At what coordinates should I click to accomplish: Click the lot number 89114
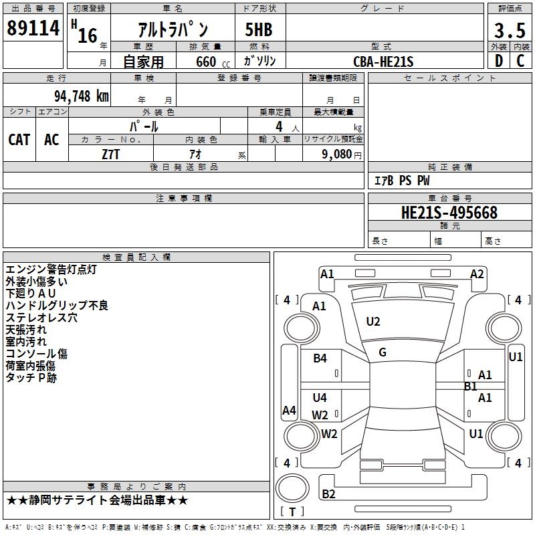click(33, 29)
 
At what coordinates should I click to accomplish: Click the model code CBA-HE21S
click(383, 62)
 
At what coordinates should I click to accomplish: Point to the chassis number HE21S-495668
click(449, 213)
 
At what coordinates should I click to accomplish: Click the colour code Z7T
click(111, 154)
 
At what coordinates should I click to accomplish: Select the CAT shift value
click(19, 139)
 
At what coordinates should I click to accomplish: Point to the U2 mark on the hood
click(373, 322)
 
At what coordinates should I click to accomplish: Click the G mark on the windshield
click(383, 352)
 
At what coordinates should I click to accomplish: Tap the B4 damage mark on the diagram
click(320, 358)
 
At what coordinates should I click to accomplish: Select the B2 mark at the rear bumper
click(329, 494)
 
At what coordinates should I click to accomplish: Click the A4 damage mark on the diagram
click(289, 411)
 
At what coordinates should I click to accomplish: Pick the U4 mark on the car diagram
click(320, 397)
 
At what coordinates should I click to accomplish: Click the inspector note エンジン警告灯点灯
click(51, 270)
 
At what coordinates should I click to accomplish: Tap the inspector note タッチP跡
click(31, 378)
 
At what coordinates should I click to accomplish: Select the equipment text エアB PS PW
click(402, 181)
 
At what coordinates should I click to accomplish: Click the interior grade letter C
click(520, 62)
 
